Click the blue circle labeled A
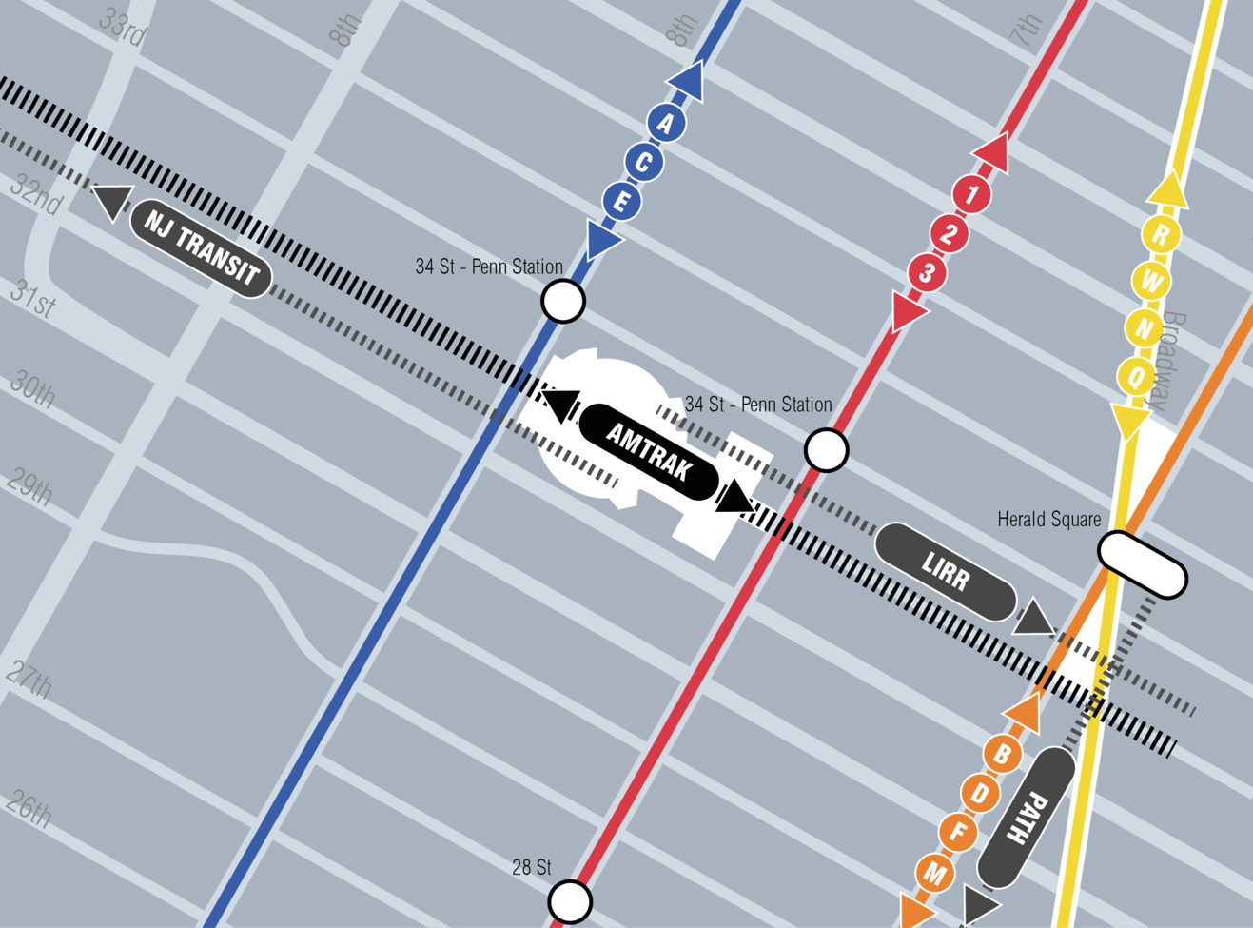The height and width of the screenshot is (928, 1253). pos(666,123)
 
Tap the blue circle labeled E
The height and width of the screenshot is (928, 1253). pos(622,202)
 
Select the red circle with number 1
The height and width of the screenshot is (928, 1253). pos(971,195)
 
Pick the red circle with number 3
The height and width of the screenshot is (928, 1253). pos(927,274)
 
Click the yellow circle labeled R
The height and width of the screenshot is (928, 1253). pos(1161,235)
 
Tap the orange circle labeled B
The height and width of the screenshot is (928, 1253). pos(1002,755)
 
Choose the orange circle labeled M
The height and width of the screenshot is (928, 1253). pos(935,874)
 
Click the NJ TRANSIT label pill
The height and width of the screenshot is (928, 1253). pos(201,249)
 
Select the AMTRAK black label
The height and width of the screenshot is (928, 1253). pos(649,451)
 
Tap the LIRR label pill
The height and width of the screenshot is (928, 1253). pos(945,572)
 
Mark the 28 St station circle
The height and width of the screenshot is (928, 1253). pos(570,900)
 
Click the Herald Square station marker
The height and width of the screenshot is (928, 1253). pos(1142,565)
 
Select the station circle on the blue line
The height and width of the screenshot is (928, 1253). pos(563,301)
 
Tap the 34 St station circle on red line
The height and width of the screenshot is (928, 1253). pos(826,449)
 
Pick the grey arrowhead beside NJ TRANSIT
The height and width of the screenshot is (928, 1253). pos(113,200)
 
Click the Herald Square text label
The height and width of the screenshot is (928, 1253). pos(1048,520)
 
